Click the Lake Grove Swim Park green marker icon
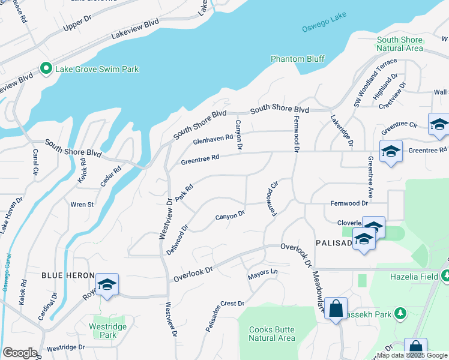[46, 69]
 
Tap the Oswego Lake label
[321, 27]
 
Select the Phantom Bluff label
[297, 59]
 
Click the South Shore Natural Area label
[400, 44]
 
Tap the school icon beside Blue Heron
[107, 285]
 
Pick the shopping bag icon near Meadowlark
[337, 309]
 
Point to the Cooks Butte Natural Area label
[272, 334]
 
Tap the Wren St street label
[82, 205]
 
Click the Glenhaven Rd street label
[212, 140]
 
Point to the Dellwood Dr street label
[177, 239]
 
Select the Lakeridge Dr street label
[342, 133]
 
